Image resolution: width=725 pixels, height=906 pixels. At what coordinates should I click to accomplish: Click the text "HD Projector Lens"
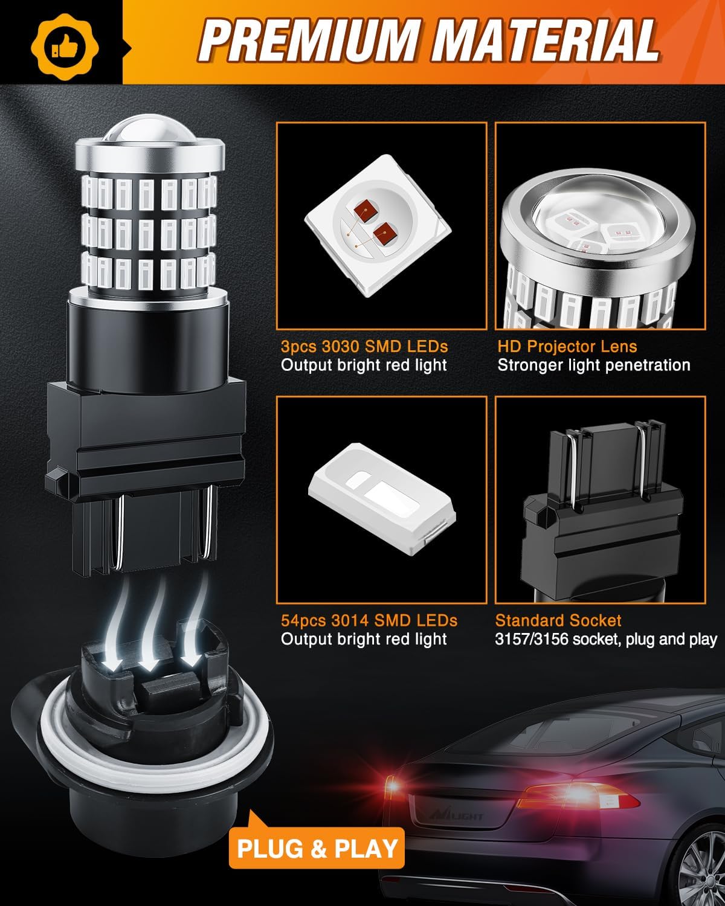567,347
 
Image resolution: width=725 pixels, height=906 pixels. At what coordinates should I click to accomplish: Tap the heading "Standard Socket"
558,620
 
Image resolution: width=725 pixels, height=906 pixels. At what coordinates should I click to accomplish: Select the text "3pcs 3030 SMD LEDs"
364,347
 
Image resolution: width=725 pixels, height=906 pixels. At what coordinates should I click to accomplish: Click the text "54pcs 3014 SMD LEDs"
369,620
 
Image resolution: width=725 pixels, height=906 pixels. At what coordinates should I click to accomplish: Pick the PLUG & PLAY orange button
317,847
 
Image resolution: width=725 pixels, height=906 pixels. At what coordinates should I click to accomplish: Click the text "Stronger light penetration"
593,365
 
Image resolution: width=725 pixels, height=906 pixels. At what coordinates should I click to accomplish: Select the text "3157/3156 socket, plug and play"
606,639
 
